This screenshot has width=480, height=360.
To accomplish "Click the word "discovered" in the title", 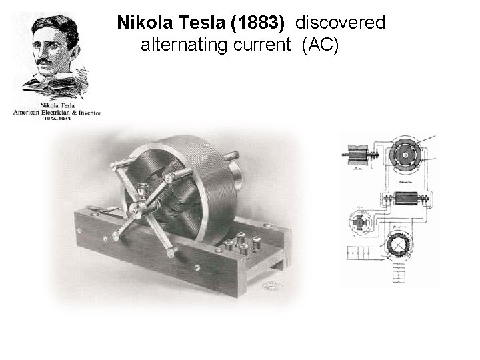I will [x=340, y=23].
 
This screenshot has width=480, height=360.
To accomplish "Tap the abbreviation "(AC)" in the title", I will [x=321, y=46].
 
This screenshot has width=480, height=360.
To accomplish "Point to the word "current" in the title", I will [x=261, y=46].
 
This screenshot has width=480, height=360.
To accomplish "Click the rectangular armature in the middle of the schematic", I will [x=405, y=199].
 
